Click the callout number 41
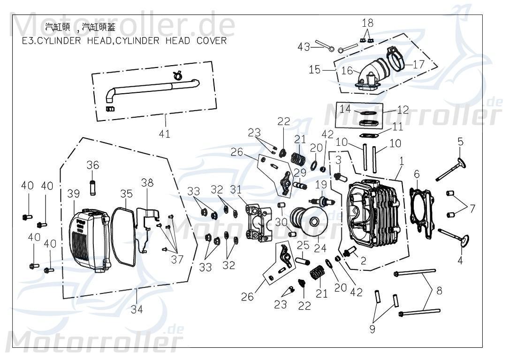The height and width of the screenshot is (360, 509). pyautogui.click(x=164, y=134)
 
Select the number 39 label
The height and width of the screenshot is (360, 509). pyautogui.click(x=73, y=194)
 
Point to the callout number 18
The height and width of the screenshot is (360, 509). pyautogui.click(x=368, y=22)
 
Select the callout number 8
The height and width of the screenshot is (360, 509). pyautogui.click(x=439, y=290)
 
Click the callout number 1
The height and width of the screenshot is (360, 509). pyautogui.click(x=401, y=161)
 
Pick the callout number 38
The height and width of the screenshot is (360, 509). pyautogui.click(x=147, y=183)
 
